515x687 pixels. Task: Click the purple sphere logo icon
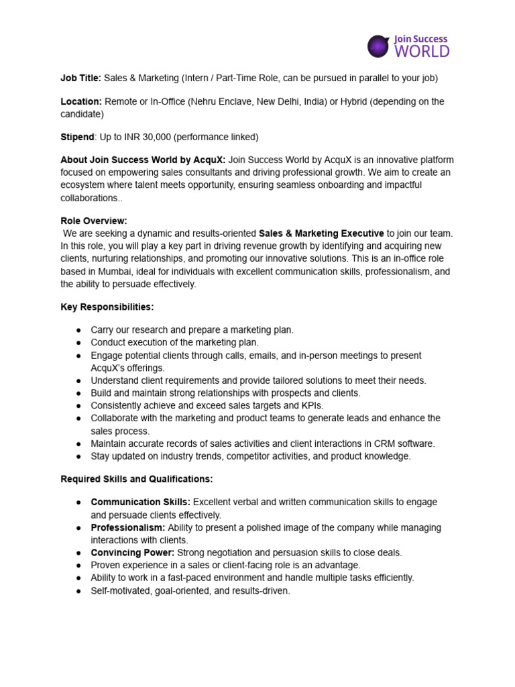coord(378,46)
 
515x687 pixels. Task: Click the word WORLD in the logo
coord(422,51)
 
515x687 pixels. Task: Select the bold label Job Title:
coord(81,78)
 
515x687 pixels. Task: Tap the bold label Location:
coord(81,102)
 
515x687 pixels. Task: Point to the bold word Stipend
coord(77,137)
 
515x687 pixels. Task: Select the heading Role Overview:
coord(94,221)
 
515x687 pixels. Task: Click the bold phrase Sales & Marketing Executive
coord(321,233)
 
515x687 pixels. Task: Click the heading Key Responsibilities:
coord(107,307)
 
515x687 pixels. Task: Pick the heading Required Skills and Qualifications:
coord(137,479)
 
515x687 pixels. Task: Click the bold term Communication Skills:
coord(141,503)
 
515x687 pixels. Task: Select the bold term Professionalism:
coord(127,527)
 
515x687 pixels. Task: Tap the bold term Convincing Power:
coord(132,552)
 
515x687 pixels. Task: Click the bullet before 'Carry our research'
coord(78,330)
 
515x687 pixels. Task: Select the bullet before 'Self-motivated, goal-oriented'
coord(78,590)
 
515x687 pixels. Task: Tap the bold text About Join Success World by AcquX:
coord(143,160)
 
